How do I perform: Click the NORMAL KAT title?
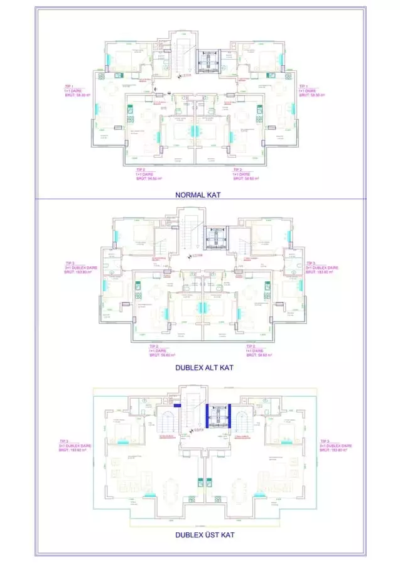click(x=200, y=195)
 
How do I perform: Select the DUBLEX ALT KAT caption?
click(x=200, y=368)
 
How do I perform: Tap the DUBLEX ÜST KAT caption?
click(x=200, y=535)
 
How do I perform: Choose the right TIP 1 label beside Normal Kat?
click(x=311, y=90)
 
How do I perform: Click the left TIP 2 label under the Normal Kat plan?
click(x=149, y=174)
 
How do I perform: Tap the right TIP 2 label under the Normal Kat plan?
click(x=246, y=174)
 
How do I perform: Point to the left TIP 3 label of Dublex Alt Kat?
click(x=77, y=267)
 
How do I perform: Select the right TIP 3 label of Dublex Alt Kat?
click(x=322, y=267)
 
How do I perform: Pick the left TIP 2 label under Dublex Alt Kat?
click(x=162, y=350)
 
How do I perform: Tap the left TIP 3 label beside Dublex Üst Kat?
click(x=72, y=446)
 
